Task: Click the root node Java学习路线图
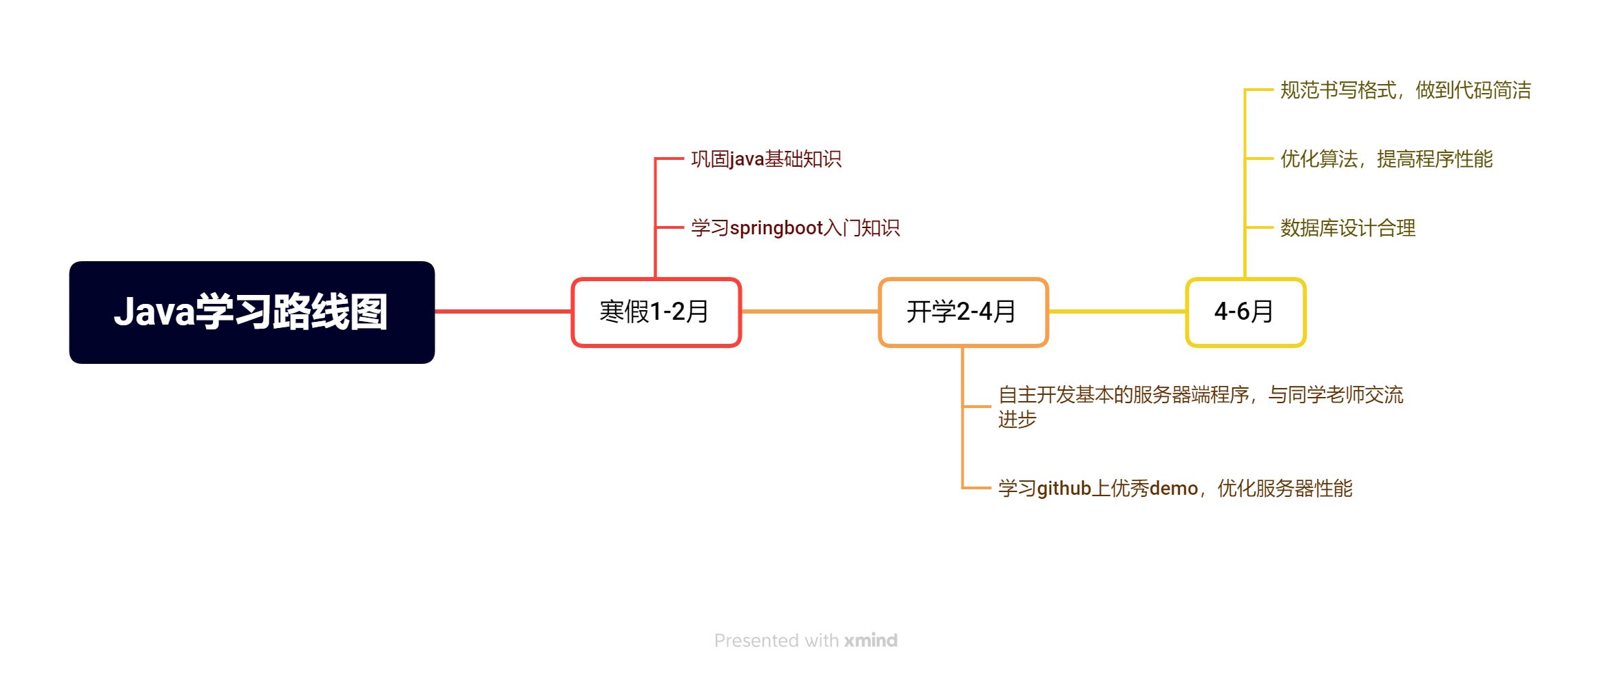click(x=251, y=312)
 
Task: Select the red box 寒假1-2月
click(x=656, y=312)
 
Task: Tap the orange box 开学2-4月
click(x=963, y=312)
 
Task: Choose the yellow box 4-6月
click(x=1245, y=312)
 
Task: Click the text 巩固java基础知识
click(x=766, y=159)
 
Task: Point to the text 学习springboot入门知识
click(x=795, y=228)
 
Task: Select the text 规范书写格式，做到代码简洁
click(x=1405, y=90)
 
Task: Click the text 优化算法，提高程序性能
click(x=1386, y=159)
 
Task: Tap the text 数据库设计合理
click(x=1347, y=228)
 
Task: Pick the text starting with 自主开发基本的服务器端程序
click(x=1200, y=396)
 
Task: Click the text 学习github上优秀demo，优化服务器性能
click(x=1175, y=489)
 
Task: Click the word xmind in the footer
click(x=871, y=641)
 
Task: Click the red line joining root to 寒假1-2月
click(x=503, y=312)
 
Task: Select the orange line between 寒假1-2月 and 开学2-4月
click(x=810, y=312)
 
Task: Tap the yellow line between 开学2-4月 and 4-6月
click(x=1117, y=312)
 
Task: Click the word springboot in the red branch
click(x=776, y=228)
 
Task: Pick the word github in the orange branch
click(x=1064, y=489)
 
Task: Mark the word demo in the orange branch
click(x=1174, y=489)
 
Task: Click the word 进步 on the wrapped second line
click(x=1017, y=420)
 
